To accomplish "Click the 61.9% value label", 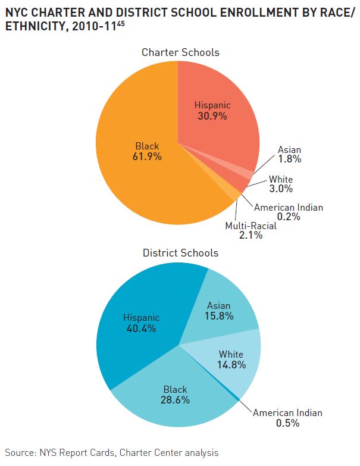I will click(x=147, y=157).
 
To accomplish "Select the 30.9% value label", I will click(x=212, y=116).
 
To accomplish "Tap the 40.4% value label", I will click(x=141, y=329).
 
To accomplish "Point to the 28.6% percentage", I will click(x=176, y=400).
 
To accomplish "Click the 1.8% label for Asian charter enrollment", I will click(x=289, y=159).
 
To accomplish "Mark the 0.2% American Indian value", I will click(x=289, y=217).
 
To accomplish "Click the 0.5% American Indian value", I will click(x=287, y=423).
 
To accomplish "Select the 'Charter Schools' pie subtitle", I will click(x=180, y=52).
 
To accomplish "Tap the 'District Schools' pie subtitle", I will click(x=180, y=253).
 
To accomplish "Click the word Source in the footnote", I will click(x=20, y=453).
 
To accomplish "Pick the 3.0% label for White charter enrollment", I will click(x=281, y=189).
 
